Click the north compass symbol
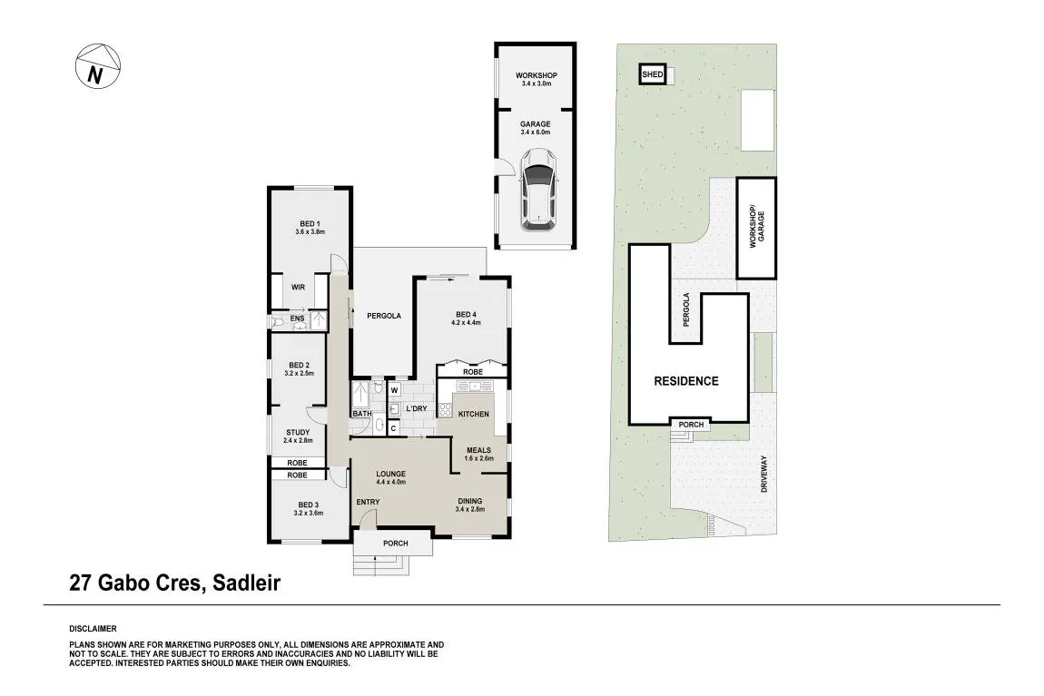[x=98, y=67]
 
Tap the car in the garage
[x=537, y=190]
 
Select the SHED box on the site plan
[x=653, y=74]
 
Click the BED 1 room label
[x=310, y=223]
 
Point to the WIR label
[x=299, y=288]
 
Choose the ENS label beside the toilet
[x=297, y=319]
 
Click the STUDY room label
[x=298, y=433]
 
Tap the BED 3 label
[x=309, y=505]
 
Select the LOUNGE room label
[x=391, y=475]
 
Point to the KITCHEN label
[x=473, y=414]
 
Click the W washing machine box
[x=394, y=390]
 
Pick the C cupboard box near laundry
[x=393, y=428]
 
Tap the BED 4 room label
[x=466, y=315]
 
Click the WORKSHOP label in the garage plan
[x=536, y=76]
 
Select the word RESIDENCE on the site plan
[x=685, y=381]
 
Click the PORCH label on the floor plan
[x=396, y=544]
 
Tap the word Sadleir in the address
[x=246, y=583]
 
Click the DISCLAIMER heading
[x=93, y=629]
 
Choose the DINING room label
[x=470, y=502]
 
